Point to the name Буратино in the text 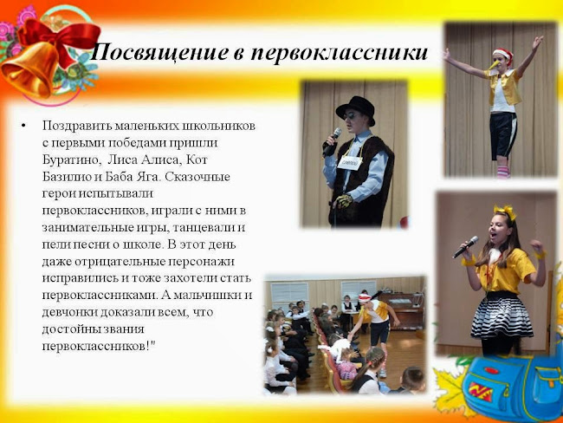pos(70,159)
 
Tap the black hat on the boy pos(355,107)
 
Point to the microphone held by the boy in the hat pos(331,141)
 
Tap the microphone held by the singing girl pos(465,247)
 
